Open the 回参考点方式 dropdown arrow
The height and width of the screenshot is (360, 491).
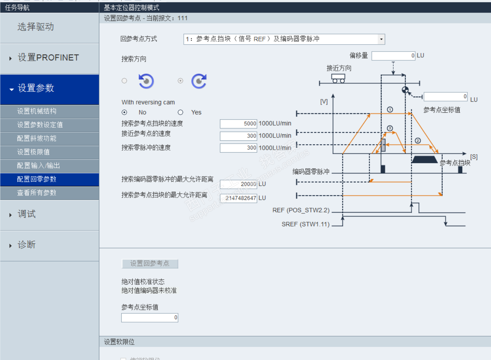[x=381, y=39]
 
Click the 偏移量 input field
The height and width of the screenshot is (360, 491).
[x=393, y=56]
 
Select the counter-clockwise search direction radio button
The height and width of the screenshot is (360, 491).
[x=124, y=81]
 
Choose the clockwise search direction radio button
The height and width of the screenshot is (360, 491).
[x=180, y=81]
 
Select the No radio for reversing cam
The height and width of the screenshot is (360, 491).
[x=125, y=113]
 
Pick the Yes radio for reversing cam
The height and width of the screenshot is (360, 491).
[x=180, y=113]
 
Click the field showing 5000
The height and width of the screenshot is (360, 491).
[x=238, y=124]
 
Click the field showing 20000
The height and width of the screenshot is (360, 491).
[x=238, y=184]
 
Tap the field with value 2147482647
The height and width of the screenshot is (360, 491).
[x=238, y=198]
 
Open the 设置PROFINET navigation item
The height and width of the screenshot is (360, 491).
[x=48, y=58]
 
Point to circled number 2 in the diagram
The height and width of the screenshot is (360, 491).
[x=418, y=141]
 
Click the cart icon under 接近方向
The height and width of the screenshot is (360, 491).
[x=338, y=78]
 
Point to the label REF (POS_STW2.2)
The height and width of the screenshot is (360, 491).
[x=301, y=211]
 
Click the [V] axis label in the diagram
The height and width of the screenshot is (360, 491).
[x=324, y=102]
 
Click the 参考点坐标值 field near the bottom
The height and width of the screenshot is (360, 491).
[x=150, y=318]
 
